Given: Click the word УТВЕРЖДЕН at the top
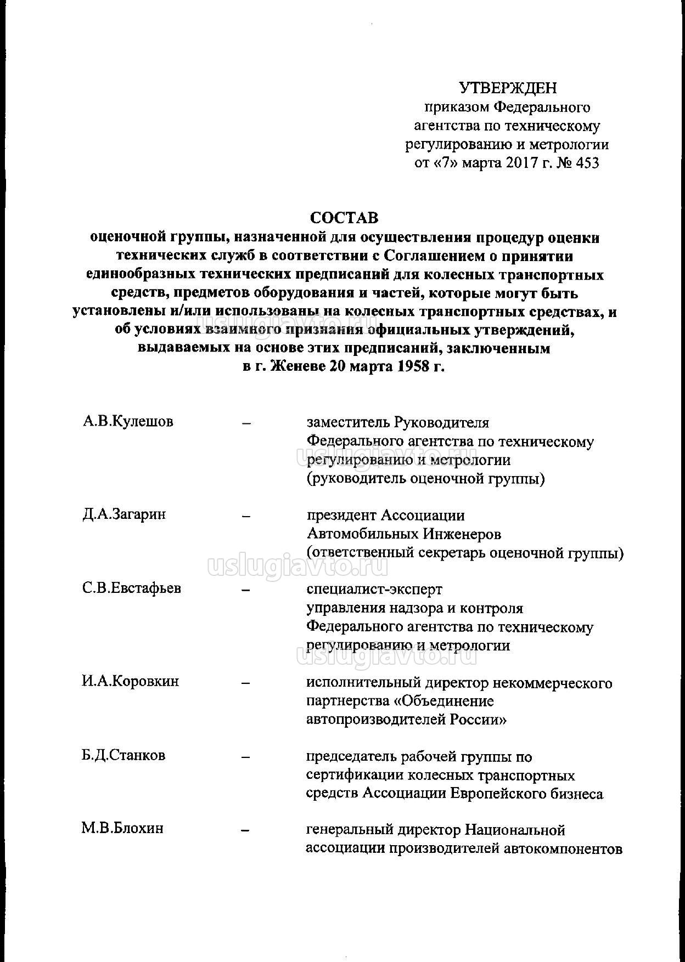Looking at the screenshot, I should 507,88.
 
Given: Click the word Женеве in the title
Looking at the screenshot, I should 297,366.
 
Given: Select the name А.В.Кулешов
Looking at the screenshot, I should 128,422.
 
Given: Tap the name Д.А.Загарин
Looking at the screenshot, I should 124,514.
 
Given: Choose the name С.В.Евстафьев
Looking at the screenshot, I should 132,588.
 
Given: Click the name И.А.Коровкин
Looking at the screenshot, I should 131,681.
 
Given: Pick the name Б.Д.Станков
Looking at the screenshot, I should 123,755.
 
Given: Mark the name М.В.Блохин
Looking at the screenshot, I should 122,828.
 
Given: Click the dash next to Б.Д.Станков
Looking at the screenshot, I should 246,757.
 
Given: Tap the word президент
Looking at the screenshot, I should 341,516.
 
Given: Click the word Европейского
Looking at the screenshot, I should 498,793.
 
